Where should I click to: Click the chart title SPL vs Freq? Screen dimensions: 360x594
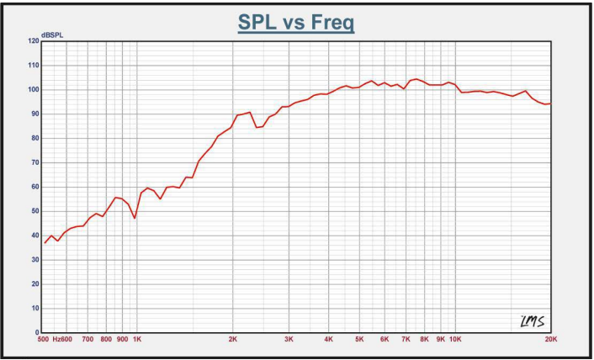click(x=296, y=22)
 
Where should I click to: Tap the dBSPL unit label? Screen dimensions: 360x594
click(x=52, y=34)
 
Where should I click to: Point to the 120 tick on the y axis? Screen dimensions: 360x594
click(x=34, y=40)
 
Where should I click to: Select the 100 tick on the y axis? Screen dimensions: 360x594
click(x=34, y=89)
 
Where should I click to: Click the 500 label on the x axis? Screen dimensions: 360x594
click(x=43, y=340)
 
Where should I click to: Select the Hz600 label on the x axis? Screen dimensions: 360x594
click(x=62, y=340)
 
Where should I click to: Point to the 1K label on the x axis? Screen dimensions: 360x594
click(x=137, y=340)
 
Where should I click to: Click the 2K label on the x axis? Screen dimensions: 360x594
click(x=233, y=340)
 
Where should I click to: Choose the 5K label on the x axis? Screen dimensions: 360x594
click(x=359, y=340)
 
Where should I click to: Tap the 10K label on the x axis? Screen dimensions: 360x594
click(x=454, y=340)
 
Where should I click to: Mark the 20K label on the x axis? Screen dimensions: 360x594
click(x=551, y=340)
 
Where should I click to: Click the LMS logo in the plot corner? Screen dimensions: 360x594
click(x=532, y=320)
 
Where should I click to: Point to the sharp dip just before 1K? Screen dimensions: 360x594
click(x=135, y=218)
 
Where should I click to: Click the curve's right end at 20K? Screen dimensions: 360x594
click(x=550, y=103)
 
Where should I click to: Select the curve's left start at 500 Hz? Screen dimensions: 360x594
click(x=45, y=243)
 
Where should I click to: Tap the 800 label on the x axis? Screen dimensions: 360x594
click(x=106, y=340)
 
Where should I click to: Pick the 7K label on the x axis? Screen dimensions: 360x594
click(x=406, y=340)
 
